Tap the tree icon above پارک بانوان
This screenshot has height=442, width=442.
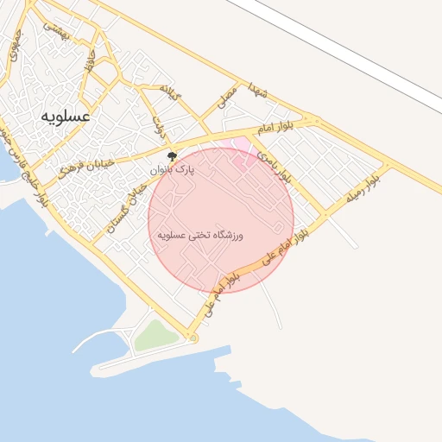pyautogui.click(x=173, y=158)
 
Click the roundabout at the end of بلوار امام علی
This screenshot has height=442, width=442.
pyautogui.click(x=193, y=338)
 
